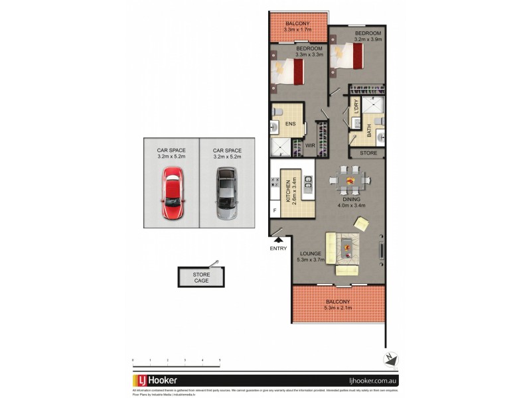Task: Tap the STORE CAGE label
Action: pyautogui.click(x=201, y=277)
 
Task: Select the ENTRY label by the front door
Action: pyautogui.click(x=279, y=249)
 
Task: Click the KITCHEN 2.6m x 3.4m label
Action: pyautogui.click(x=289, y=192)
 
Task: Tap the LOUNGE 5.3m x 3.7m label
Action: pyautogui.click(x=311, y=257)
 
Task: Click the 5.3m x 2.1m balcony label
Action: pyautogui.click(x=339, y=304)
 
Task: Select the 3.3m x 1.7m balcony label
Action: pyautogui.click(x=297, y=27)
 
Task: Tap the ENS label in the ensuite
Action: pyautogui.click(x=290, y=124)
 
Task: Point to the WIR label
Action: pyautogui.click(x=309, y=145)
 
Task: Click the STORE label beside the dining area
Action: pyautogui.click(x=368, y=153)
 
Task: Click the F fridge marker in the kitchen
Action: pyautogui.click(x=275, y=211)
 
